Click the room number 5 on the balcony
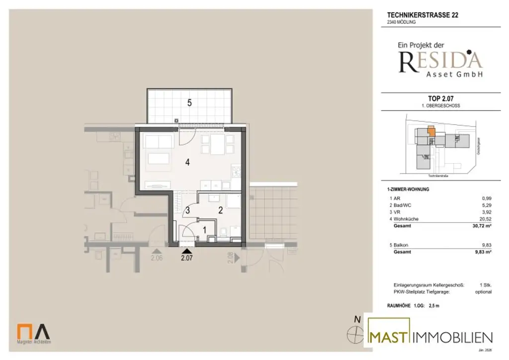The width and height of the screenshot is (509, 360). pos(189,103)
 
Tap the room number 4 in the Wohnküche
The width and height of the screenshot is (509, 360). pos(187,162)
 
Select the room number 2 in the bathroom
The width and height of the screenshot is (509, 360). pos(220,210)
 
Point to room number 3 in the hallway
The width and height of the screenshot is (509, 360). pos(187,210)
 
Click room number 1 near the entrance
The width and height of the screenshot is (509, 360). pos(204,230)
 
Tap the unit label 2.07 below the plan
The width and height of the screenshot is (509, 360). pos(186,258)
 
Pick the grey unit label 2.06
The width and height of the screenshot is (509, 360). pos(157,258)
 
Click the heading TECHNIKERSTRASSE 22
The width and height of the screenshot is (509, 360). pos(423,15)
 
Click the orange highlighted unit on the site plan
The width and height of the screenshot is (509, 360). pos(431,132)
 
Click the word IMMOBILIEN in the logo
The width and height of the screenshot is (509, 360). pos(453,337)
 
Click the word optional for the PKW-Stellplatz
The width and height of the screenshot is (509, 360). pos(483,291)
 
